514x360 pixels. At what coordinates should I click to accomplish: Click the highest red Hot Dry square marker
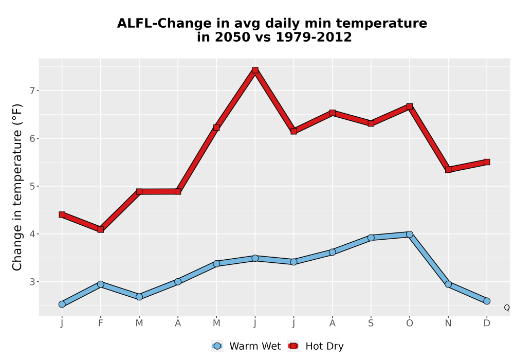255,70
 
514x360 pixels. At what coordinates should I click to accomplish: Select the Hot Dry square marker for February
101,229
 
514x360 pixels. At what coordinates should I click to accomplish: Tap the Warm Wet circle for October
410,234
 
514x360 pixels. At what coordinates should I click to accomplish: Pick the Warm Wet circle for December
487,301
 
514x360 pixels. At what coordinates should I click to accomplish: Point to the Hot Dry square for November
448,170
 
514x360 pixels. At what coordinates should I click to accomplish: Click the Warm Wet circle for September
371,238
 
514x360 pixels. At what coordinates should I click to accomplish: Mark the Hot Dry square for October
410,106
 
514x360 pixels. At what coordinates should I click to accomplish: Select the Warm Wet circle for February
101,284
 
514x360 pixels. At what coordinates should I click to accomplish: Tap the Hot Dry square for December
487,162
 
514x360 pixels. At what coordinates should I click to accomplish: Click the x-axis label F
101,323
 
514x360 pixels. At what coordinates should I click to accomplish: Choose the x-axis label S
371,323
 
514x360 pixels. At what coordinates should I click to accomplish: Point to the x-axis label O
410,323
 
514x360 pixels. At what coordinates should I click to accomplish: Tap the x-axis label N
448,323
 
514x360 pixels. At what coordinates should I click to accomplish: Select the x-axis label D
487,323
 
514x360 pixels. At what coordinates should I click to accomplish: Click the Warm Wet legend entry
246,346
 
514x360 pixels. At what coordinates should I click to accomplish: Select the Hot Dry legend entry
316,346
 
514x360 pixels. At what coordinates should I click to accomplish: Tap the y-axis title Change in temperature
17,187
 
